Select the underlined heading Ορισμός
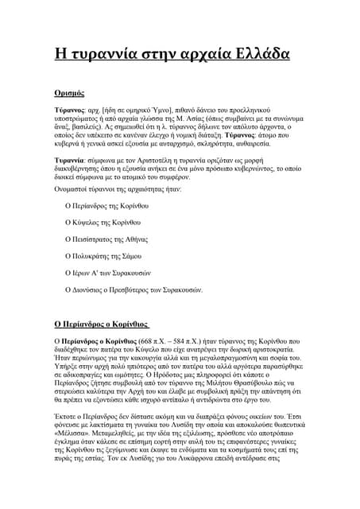(x=70, y=92)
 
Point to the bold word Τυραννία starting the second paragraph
(x=70, y=159)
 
